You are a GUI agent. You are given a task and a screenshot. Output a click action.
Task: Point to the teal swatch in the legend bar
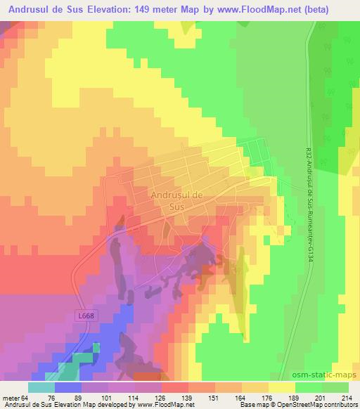click(x=41, y=387)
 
